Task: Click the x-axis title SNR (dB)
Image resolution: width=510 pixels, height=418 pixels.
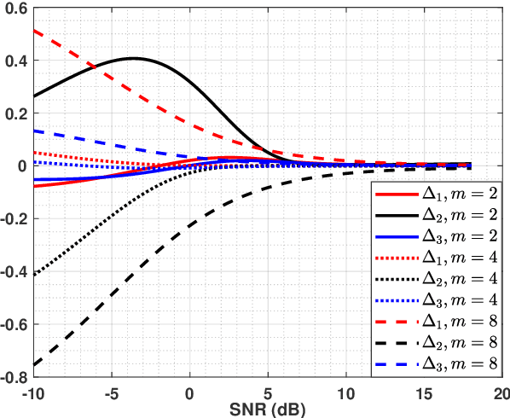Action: pyautogui.click(x=267, y=410)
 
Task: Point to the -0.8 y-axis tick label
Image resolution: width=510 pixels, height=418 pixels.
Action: pyautogui.click(x=14, y=377)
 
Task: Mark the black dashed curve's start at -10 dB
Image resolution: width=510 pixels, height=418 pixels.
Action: pyautogui.click(x=34, y=365)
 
